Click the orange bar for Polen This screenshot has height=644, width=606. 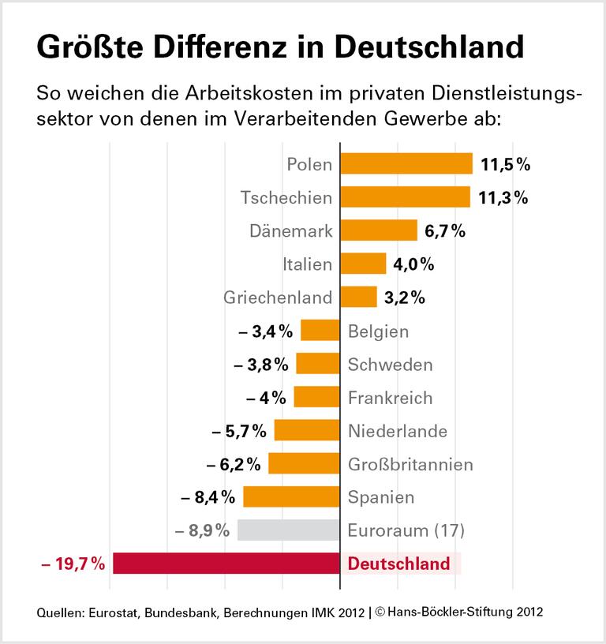click(406, 163)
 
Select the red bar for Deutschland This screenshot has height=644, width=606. click(226, 563)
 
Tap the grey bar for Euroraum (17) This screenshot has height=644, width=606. click(288, 530)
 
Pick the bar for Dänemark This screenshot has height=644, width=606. click(378, 230)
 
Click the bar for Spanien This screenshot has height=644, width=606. click(291, 496)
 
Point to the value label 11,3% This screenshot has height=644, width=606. click(505, 197)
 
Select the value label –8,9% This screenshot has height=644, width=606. click(202, 530)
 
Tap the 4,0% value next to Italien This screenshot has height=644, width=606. click(413, 264)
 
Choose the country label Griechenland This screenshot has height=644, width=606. click(279, 298)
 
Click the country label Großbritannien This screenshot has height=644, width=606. click(410, 463)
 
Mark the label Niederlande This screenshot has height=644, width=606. click(398, 431)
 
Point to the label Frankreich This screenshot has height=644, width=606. click(391, 397)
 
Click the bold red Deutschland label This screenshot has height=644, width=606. click(399, 563)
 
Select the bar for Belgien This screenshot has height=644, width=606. click(320, 331)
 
